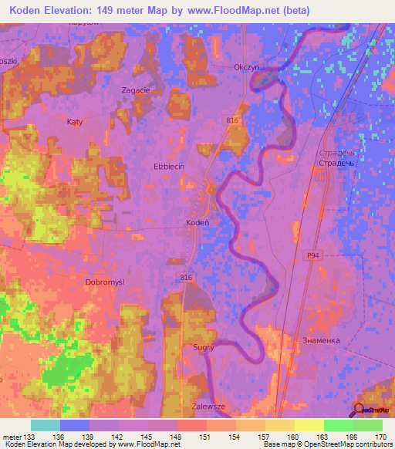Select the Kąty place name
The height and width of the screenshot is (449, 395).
click(74, 122)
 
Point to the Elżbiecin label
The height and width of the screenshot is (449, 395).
click(167, 166)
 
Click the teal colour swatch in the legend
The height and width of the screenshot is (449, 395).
click(46, 425)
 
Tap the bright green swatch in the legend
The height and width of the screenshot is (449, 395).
click(338, 425)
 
